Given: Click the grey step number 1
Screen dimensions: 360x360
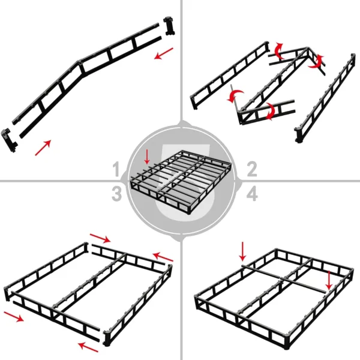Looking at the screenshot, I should coord(117,169).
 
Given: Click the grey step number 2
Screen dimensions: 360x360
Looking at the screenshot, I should coord(252,169).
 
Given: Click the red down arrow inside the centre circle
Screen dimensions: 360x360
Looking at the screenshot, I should coord(148,158).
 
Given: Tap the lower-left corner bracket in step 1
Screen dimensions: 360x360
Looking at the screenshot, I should coord(8,139).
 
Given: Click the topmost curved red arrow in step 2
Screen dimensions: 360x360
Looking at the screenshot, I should coord(277,49).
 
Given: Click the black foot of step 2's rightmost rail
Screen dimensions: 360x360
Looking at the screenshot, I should coord(298,135).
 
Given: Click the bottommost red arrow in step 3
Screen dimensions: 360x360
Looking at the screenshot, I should coord(88,346).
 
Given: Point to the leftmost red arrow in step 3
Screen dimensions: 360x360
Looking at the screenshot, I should coord(16,316).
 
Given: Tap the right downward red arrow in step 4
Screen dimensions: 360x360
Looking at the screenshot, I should coord(329,278).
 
